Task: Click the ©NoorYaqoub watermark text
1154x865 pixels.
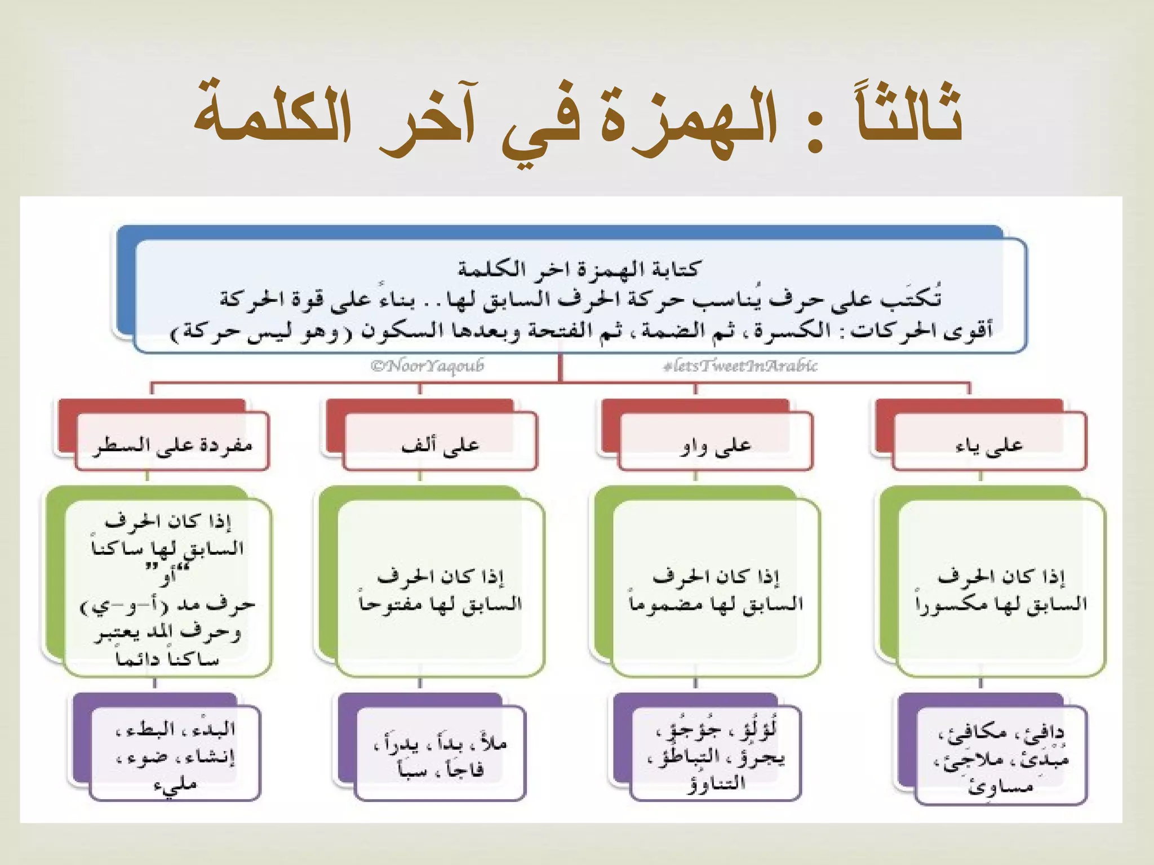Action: tap(427, 366)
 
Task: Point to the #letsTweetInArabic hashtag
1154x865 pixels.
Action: tap(740, 366)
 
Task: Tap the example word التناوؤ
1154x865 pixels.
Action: tap(716, 783)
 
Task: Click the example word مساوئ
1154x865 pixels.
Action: tap(1000, 786)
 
